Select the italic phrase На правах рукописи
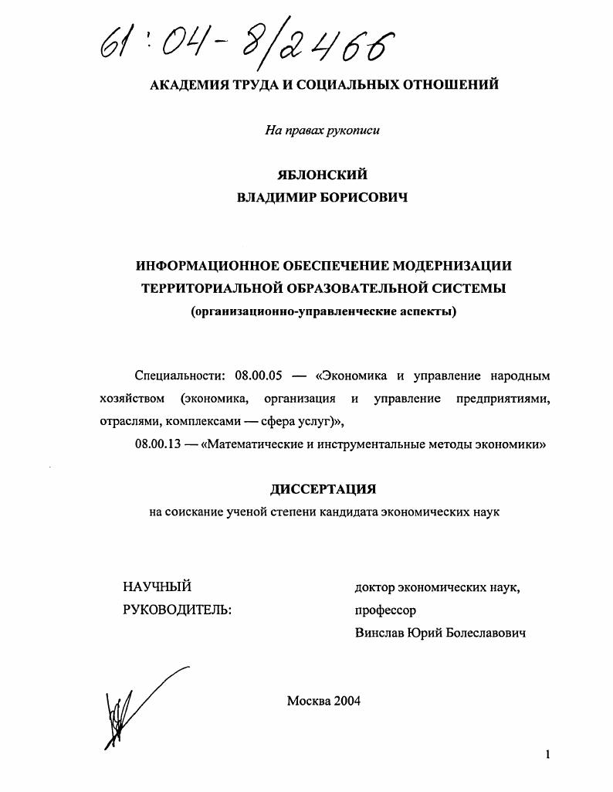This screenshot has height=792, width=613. pos(323,131)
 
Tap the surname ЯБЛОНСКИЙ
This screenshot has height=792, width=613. pos(323,175)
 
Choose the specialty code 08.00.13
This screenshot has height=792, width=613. pos(157,444)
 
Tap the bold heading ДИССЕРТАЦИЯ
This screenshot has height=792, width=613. pos(323,490)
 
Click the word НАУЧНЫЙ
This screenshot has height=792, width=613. pos(157,588)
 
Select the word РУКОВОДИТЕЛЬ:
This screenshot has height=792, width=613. pos(177,610)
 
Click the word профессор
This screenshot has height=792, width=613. pos(385,610)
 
